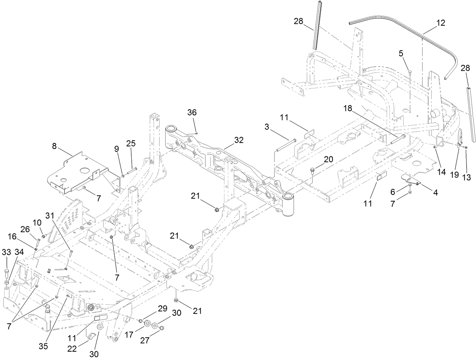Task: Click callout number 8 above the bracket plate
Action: [54, 146]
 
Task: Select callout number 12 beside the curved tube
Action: [440, 23]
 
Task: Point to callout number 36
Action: [192, 113]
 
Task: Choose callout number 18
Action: [348, 108]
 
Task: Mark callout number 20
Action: [328, 159]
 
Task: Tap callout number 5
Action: [401, 54]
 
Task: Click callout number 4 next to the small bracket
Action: [435, 192]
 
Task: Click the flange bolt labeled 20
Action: [313, 170]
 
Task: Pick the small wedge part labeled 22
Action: [92, 336]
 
